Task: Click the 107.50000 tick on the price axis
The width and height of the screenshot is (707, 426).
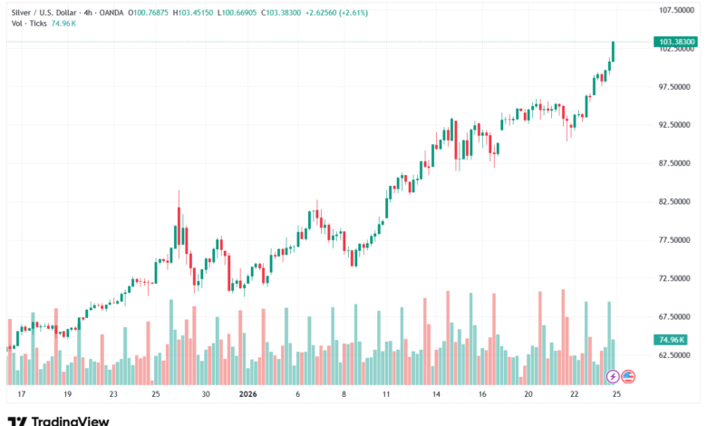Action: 675,10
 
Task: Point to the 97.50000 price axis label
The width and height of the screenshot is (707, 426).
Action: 675,87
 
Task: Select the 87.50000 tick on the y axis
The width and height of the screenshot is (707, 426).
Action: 675,163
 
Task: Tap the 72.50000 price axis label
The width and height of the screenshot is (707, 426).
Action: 675,278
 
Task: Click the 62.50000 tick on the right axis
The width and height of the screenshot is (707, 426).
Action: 675,355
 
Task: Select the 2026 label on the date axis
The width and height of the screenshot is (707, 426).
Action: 247,395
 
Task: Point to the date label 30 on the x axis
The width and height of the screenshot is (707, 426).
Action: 206,395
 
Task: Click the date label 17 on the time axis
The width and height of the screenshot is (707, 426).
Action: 21,395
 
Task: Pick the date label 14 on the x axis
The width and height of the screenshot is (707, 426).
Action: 436,395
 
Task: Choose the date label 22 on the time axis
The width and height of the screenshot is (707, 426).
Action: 575,395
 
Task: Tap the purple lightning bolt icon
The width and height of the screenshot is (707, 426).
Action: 612,376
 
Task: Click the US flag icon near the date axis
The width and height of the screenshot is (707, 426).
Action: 626,376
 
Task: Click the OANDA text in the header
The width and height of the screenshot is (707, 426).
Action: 110,12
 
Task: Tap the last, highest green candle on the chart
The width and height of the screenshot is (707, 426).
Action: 614,52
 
